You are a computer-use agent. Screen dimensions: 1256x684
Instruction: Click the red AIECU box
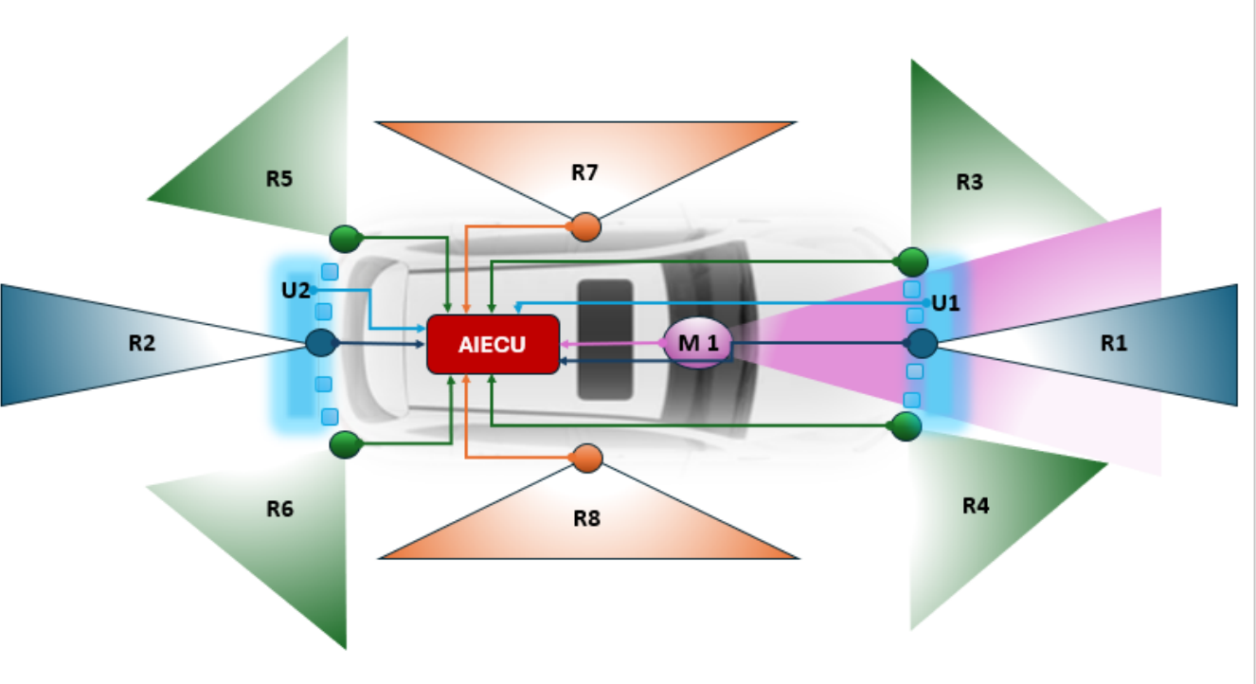pos(493,344)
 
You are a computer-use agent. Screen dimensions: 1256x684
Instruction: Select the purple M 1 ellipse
pos(697,343)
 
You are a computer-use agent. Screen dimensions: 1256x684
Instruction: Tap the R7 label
pos(584,172)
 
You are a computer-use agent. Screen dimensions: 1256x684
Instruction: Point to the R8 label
pos(586,518)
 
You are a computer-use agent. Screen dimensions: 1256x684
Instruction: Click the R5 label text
pos(278,178)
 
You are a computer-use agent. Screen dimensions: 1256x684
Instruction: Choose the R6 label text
pos(279,509)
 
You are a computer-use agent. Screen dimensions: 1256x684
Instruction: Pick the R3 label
pos(969,182)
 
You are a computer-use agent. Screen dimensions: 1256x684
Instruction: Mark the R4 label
pos(976,506)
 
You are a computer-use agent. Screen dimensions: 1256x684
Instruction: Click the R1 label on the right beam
pos(1114,343)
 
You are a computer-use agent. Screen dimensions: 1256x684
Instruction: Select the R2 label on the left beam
pos(141,343)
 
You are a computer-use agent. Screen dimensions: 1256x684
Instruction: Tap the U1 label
pos(945,303)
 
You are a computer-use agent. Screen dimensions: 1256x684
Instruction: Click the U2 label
pos(296,290)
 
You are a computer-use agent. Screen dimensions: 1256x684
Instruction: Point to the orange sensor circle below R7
pos(585,227)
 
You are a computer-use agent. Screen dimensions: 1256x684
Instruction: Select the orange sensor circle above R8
pos(587,459)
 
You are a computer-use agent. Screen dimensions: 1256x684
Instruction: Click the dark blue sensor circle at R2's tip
pos(322,343)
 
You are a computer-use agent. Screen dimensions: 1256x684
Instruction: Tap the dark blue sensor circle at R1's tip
pos(922,343)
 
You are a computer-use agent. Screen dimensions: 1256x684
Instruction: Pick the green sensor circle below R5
pos(345,239)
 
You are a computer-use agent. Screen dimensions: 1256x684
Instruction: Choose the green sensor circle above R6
pos(345,444)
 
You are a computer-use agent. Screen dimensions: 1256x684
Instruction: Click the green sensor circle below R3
pos(912,261)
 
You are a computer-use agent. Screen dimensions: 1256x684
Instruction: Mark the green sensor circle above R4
pos(906,426)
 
